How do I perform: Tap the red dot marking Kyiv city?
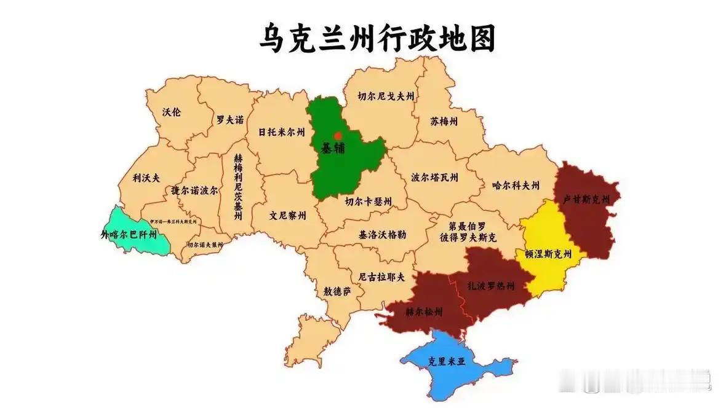pyautogui.click(x=337, y=135)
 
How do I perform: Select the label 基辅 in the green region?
pyautogui.click(x=333, y=148)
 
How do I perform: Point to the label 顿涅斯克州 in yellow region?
pyautogui.click(x=548, y=253)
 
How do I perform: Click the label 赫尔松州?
pyautogui.click(x=424, y=312)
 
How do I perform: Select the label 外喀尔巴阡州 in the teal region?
pyautogui.click(x=129, y=234)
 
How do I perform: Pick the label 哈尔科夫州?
pyautogui.click(x=516, y=184)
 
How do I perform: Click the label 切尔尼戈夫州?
pyautogui.click(x=386, y=96)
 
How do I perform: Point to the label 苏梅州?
pyautogui.click(x=444, y=120)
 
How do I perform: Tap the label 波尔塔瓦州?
pyautogui.click(x=434, y=178)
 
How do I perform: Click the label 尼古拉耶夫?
pyautogui.click(x=382, y=277)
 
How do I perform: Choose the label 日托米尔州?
pyautogui.click(x=281, y=131)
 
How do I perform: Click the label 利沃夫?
pyautogui.click(x=146, y=178)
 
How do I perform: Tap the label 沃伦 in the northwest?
pyautogui.click(x=172, y=112)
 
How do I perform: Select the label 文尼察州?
pyautogui.click(x=287, y=216)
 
